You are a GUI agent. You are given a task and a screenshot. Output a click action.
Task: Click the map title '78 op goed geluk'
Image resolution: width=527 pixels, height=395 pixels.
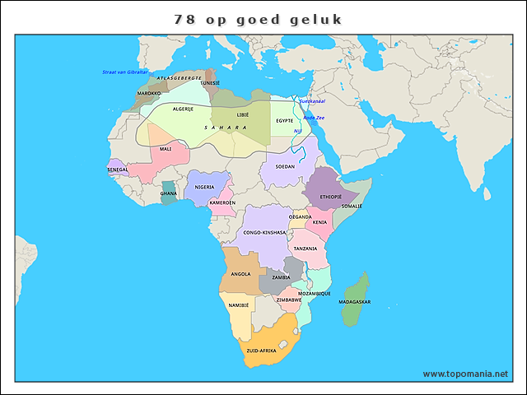coord(258,18)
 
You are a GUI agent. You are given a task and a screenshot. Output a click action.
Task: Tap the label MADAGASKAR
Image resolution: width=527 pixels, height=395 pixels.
coord(354,302)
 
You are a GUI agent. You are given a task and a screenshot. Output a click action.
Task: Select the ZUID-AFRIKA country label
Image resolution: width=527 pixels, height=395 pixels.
coord(261,351)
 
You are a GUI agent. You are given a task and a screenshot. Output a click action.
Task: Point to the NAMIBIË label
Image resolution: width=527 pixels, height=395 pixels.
coord(239,305)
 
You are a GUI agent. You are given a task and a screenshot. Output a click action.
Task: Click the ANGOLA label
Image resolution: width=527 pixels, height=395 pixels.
coord(240,274)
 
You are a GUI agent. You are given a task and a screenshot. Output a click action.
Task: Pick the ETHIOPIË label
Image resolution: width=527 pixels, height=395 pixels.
coord(330,197)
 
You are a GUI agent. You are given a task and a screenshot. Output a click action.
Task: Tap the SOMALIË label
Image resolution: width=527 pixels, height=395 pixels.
coord(352,207)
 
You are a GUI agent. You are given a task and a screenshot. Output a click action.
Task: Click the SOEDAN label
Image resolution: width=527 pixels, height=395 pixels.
coord(285,166)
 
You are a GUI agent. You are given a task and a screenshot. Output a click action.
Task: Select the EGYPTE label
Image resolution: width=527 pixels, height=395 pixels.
coord(285,120)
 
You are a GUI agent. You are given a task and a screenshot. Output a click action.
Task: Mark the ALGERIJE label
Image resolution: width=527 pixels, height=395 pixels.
coord(183,109)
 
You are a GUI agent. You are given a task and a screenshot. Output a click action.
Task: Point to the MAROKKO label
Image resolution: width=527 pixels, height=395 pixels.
coord(149,94)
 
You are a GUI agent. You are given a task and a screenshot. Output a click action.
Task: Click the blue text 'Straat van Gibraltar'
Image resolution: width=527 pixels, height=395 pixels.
coord(124,72)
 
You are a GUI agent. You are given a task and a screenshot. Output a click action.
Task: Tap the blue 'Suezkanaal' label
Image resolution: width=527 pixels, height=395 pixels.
coord(312,101)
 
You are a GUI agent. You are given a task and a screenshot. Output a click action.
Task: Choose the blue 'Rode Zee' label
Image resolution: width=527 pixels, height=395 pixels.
coord(315,118)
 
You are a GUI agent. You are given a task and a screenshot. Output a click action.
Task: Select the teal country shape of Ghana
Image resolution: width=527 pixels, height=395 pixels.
coord(169,193)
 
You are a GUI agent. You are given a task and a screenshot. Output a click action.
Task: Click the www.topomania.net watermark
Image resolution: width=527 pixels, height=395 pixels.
coord(465,374)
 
